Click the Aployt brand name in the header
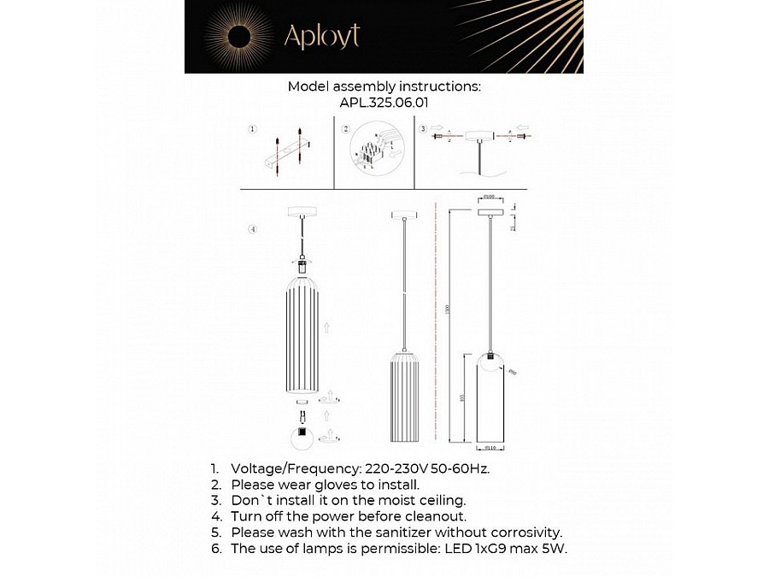pos(321,36)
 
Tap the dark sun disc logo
pos(238,36)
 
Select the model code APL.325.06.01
pos(384,102)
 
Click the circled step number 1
pos(252,130)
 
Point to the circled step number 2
pos(345,130)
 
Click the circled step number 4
pos(252,229)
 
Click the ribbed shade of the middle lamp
pos(404,395)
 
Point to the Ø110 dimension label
pos(490,448)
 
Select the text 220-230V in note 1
pos(394,469)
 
